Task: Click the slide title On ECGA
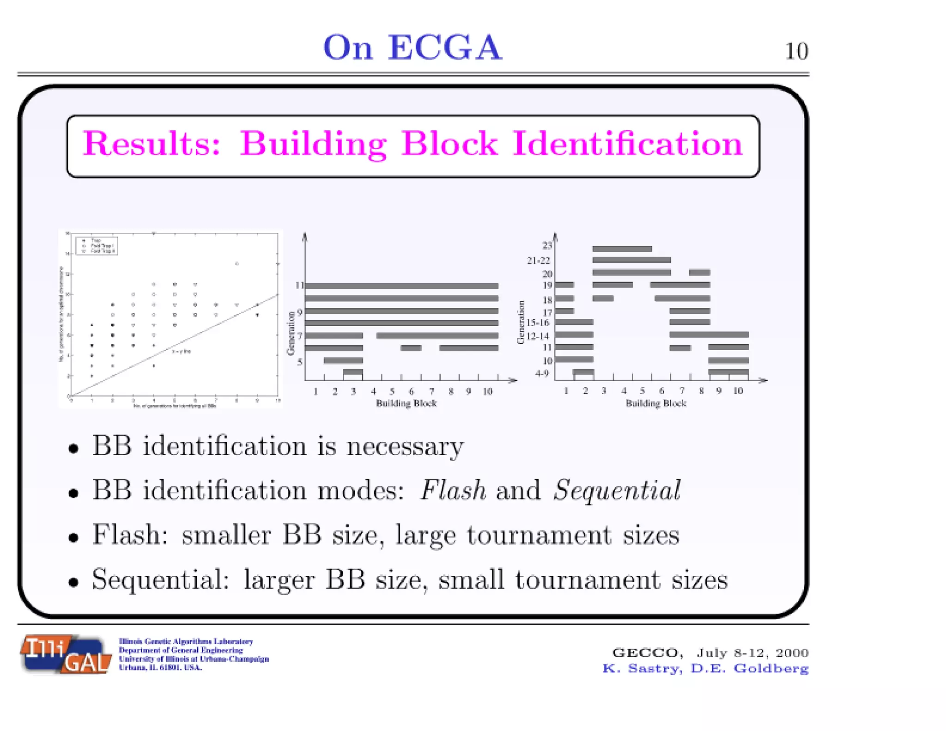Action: pos(412,48)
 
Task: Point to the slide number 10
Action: pos(796,51)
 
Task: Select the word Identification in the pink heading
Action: pos(627,144)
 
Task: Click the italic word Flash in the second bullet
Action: pos(453,490)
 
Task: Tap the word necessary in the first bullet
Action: pos(405,446)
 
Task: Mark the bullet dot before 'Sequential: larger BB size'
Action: pos(73,582)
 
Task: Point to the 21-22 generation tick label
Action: pos(539,261)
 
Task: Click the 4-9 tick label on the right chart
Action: pos(542,373)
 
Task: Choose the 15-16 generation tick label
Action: pos(538,323)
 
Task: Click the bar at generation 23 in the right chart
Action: pos(622,249)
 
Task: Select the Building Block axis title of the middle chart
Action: pos(406,403)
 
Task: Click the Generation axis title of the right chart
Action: pos(521,322)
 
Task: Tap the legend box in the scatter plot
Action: pos(97,246)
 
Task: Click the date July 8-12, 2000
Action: pos(752,652)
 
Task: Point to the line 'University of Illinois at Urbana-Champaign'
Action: pos(194,659)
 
